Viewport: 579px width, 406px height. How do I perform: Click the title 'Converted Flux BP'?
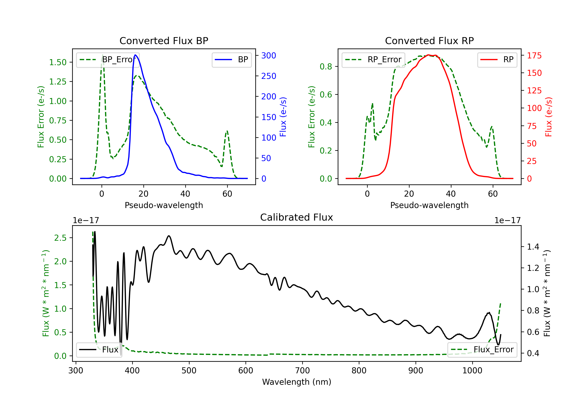[x=164, y=41]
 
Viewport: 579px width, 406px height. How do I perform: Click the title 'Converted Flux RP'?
[x=429, y=41]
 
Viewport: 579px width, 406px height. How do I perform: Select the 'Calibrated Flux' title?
[x=297, y=217]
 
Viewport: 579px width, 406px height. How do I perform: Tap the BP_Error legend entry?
[x=108, y=60]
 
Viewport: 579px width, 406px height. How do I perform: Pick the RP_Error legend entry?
[x=373, y=60]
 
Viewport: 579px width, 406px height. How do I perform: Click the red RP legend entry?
[x=497, y=60]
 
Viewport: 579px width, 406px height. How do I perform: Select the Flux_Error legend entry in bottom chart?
[x=482, y=350]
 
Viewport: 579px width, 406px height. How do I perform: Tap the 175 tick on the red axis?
[x=534, y=55]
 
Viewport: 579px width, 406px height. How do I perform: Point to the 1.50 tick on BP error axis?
[x=58, y=62]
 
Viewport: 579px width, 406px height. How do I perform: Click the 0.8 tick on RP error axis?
[x=326, y=67]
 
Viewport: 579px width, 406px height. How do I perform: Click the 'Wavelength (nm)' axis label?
[x=297, y=382]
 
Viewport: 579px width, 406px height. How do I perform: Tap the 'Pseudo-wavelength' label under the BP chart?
[x=164, y=205]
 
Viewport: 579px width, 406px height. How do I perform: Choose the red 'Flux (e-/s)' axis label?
[x=549, y=117]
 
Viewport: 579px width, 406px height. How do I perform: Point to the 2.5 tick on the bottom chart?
[x=60, y=238]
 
